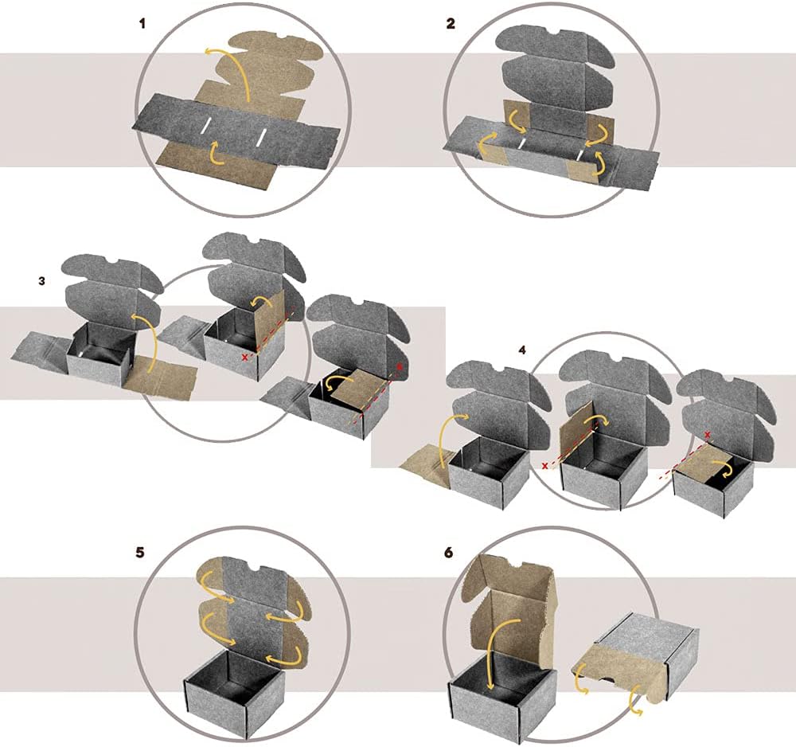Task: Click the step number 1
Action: [x=142, y=23]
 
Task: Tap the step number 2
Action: [x=451, y=23]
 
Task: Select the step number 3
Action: [x=41, y=281]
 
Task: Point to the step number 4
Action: [x=522, y=350]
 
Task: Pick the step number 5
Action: [x=140, y=552]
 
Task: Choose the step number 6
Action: [x=448, y=552]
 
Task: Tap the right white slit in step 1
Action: [x=261, y=137]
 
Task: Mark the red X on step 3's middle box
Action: [x=245, y=358]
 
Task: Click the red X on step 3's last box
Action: [x=399, y=366]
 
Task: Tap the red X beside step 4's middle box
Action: [x=545, y=466]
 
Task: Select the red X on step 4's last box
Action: [x=707, y=434]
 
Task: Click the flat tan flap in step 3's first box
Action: [x=161, y=377]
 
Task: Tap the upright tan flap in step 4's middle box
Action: [x=576, y=432]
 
